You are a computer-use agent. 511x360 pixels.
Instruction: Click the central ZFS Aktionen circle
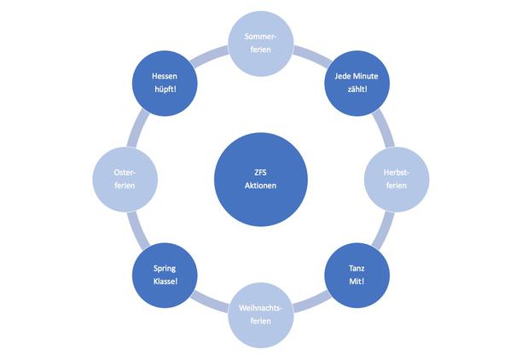click(261, 179)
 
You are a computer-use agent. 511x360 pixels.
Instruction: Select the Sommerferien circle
click(261, 44)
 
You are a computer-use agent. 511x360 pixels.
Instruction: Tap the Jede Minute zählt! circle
click(357, 83)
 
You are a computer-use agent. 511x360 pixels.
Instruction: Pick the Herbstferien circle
click(397, 179)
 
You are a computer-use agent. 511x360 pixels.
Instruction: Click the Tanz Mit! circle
click(357, 276)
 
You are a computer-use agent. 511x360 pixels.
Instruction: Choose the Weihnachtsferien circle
click(261, 315)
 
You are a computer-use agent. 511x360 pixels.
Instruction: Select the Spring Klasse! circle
click(165, 276)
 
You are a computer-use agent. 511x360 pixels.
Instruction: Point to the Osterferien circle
click(125, 179)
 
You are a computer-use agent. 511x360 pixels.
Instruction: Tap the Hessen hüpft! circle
click(165, 83)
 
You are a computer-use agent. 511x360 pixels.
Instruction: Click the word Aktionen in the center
click(260, 185)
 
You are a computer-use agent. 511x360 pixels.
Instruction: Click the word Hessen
click(165, 76)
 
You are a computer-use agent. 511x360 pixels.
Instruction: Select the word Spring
click(165, 269)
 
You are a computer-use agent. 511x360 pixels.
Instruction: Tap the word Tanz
click(357, 269)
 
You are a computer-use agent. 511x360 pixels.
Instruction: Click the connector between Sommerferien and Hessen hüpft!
click(208, 55)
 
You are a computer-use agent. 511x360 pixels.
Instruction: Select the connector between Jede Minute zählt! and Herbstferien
click(384, 128)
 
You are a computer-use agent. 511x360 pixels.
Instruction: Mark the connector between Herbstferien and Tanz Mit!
click(384, 230)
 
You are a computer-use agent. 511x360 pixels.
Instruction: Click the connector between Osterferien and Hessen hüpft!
click(137, 128)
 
